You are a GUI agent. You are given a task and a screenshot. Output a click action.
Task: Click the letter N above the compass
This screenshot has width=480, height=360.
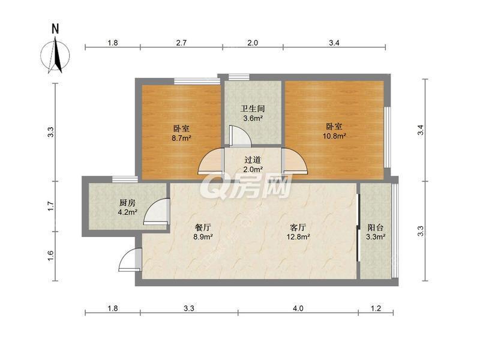tap(55, 28)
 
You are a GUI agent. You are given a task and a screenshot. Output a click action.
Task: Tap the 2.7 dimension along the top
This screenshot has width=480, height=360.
tap(182, 43)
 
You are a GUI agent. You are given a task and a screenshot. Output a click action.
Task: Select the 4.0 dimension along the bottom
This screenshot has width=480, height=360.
tap(298, 308)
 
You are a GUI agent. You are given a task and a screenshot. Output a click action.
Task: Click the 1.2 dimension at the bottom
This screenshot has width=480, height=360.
tap(376, 308)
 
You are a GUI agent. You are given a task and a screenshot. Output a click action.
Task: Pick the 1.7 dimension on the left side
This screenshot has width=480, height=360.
tap(52, 205)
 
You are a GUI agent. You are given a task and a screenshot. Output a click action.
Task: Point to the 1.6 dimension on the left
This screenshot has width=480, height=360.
tap(52, 255)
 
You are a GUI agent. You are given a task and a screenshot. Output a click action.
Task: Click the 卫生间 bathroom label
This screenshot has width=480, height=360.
tap(253, 109)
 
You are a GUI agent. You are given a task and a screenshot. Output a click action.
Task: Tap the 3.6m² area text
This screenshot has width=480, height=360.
tap(253, 118)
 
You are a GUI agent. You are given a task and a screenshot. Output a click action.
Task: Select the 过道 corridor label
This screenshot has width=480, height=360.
tap(253, 160)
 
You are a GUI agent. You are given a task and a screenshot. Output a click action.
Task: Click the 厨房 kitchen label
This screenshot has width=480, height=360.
tap(127, 202)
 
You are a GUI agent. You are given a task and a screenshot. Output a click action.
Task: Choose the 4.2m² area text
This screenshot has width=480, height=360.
tap(127, 211)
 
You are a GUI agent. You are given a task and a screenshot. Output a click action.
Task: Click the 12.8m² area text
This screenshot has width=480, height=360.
tap(298, 237)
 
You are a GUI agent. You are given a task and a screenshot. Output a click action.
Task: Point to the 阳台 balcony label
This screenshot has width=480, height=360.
tap(376, 228)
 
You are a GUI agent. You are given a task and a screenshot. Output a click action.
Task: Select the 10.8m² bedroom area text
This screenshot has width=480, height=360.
tap(334, 136)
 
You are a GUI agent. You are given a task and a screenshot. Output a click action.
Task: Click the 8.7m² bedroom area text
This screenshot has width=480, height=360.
tap(182, 138)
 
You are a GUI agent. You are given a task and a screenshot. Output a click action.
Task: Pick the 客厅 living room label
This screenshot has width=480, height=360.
tap(298, 228)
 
